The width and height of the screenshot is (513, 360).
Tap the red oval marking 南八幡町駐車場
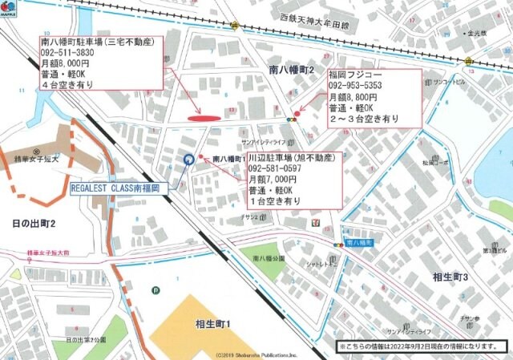coord(204,118)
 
